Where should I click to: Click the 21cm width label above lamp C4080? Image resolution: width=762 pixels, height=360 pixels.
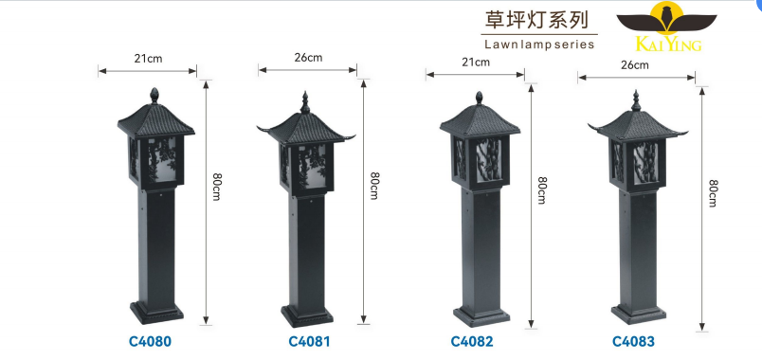tap(147, 58)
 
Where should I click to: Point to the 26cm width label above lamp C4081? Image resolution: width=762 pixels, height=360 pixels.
tap(308, 57)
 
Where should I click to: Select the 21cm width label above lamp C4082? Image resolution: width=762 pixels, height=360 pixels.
tap(475, 62)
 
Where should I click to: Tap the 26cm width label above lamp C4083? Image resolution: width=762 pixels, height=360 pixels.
tap(634, 65)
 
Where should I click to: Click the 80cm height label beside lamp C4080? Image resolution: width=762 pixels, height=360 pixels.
tap(217, 187)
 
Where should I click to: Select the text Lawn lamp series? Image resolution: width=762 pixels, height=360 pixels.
tap(538, 45)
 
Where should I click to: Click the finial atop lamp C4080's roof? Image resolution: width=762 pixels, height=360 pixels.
tap(154, 96)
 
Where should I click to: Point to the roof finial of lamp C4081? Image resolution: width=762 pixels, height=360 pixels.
tap(305, 99)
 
